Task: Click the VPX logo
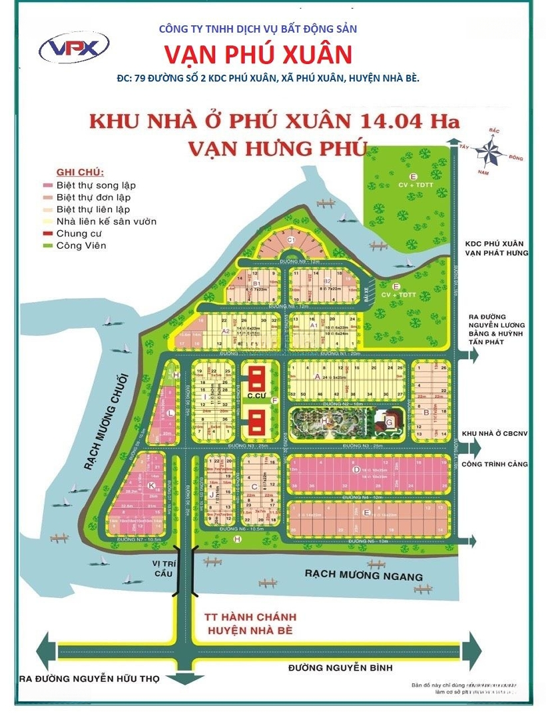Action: (74, 48)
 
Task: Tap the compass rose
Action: (492, 150)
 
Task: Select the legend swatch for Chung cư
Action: (47, 233)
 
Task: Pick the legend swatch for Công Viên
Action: (47, 245)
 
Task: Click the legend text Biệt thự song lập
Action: (96, 185)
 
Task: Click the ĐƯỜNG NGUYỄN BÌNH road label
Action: (340, 667)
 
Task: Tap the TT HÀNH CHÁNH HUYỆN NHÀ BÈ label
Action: (251, 623)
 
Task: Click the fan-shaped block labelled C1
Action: (291, 240)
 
